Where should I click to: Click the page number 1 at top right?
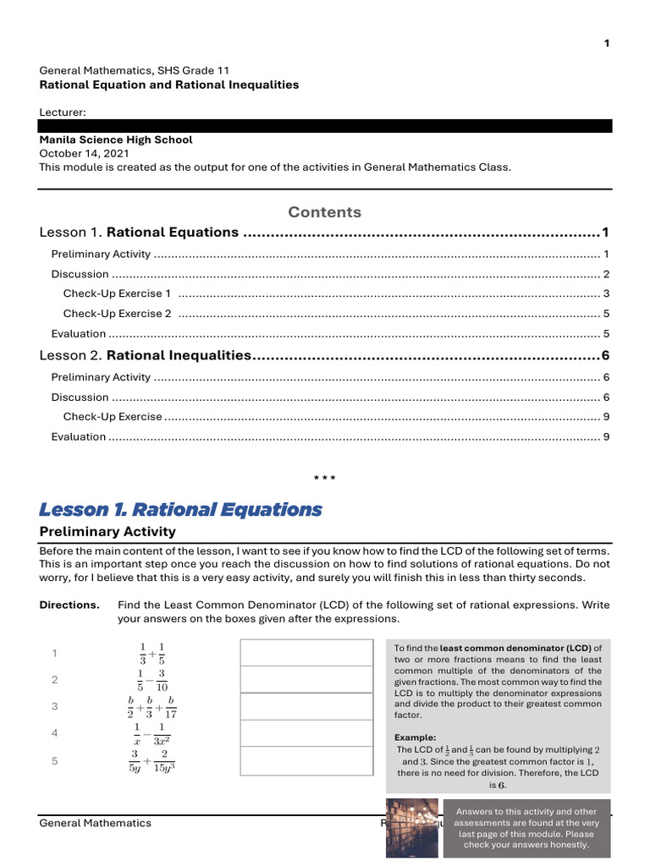click(x=606, y=44)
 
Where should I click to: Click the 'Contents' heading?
click(x=324, y=211)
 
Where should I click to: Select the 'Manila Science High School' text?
click(x=116, y=140)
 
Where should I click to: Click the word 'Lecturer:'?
click(x=63, y=112)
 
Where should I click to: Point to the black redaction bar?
click(x=325, y=126)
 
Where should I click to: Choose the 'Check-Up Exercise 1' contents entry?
click(x=117, y=293)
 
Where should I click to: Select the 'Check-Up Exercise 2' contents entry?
click(x=117, y=314)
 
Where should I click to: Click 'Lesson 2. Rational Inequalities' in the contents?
click(x=146, y=356)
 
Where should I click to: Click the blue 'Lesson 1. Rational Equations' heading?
click(x=180, y=509)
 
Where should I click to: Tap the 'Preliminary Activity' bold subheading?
click(x=107, y=531)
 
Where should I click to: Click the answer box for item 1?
click(x=306, y=652)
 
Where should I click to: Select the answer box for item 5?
click(x=306, y=761)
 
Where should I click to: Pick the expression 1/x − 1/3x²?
click(x=152, y=733)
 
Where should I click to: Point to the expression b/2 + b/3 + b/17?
click(x=152, y=706)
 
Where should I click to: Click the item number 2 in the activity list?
click(x=55, y=680)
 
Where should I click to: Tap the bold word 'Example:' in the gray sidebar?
click(x=416, y=737)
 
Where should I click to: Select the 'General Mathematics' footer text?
click(x=96, y=823)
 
